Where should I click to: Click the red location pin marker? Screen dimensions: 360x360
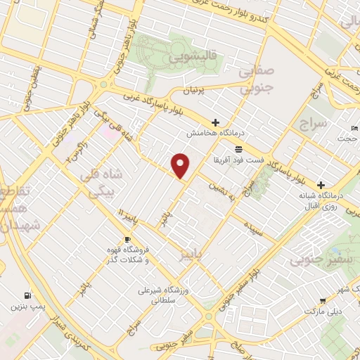[x=181, y=165]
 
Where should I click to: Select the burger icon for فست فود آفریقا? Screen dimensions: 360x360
[x=239, y=149]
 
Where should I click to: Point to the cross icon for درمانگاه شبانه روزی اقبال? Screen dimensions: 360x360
[x=321, y=184]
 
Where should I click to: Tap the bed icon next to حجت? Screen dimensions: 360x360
[x=354, y=127]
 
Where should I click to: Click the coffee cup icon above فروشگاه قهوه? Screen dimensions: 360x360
[x=127, y=240]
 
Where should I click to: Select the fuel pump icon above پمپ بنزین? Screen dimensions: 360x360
[x=27, y=295]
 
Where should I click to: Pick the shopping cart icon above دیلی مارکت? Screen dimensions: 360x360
[x=323, y=300]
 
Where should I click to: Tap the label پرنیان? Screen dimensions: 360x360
[x=192, y=91]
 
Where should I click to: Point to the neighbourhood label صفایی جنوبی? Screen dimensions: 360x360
[x=255, y=80]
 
